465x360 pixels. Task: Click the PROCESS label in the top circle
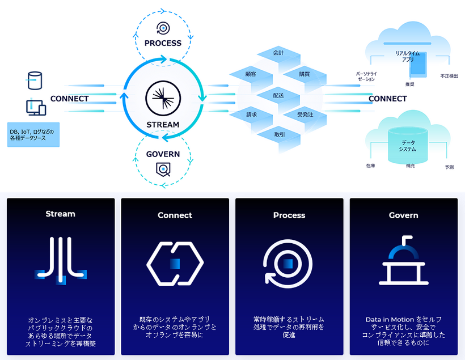click(163, 43)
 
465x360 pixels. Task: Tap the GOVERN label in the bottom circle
click(163, 154)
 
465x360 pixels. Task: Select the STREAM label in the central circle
click(163, 125)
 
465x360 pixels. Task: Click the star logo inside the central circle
click(162, 98)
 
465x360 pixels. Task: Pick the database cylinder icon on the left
click(35, 80)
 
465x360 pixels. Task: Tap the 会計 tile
click(278, 53)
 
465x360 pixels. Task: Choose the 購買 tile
click(305, 74)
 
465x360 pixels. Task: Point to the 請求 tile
click(251, 115)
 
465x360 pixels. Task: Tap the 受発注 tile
click(305, 115)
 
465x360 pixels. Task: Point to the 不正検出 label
click(449, 76)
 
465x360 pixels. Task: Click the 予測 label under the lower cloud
click(449, 167)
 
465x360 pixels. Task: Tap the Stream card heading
click(61, 214)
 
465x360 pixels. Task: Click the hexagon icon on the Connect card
click(175, 263)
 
